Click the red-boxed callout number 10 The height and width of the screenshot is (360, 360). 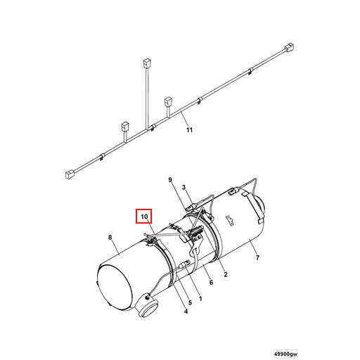click(143, 216)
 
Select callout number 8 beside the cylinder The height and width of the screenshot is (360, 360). click(110, 238)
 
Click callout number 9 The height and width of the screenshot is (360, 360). click(169, 181)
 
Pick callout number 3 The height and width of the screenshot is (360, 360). click(184, 188)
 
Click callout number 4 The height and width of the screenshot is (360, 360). click(186, 311)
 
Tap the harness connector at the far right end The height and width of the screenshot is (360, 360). click(288, 49)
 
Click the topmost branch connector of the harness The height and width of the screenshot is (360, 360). click(146, 62)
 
